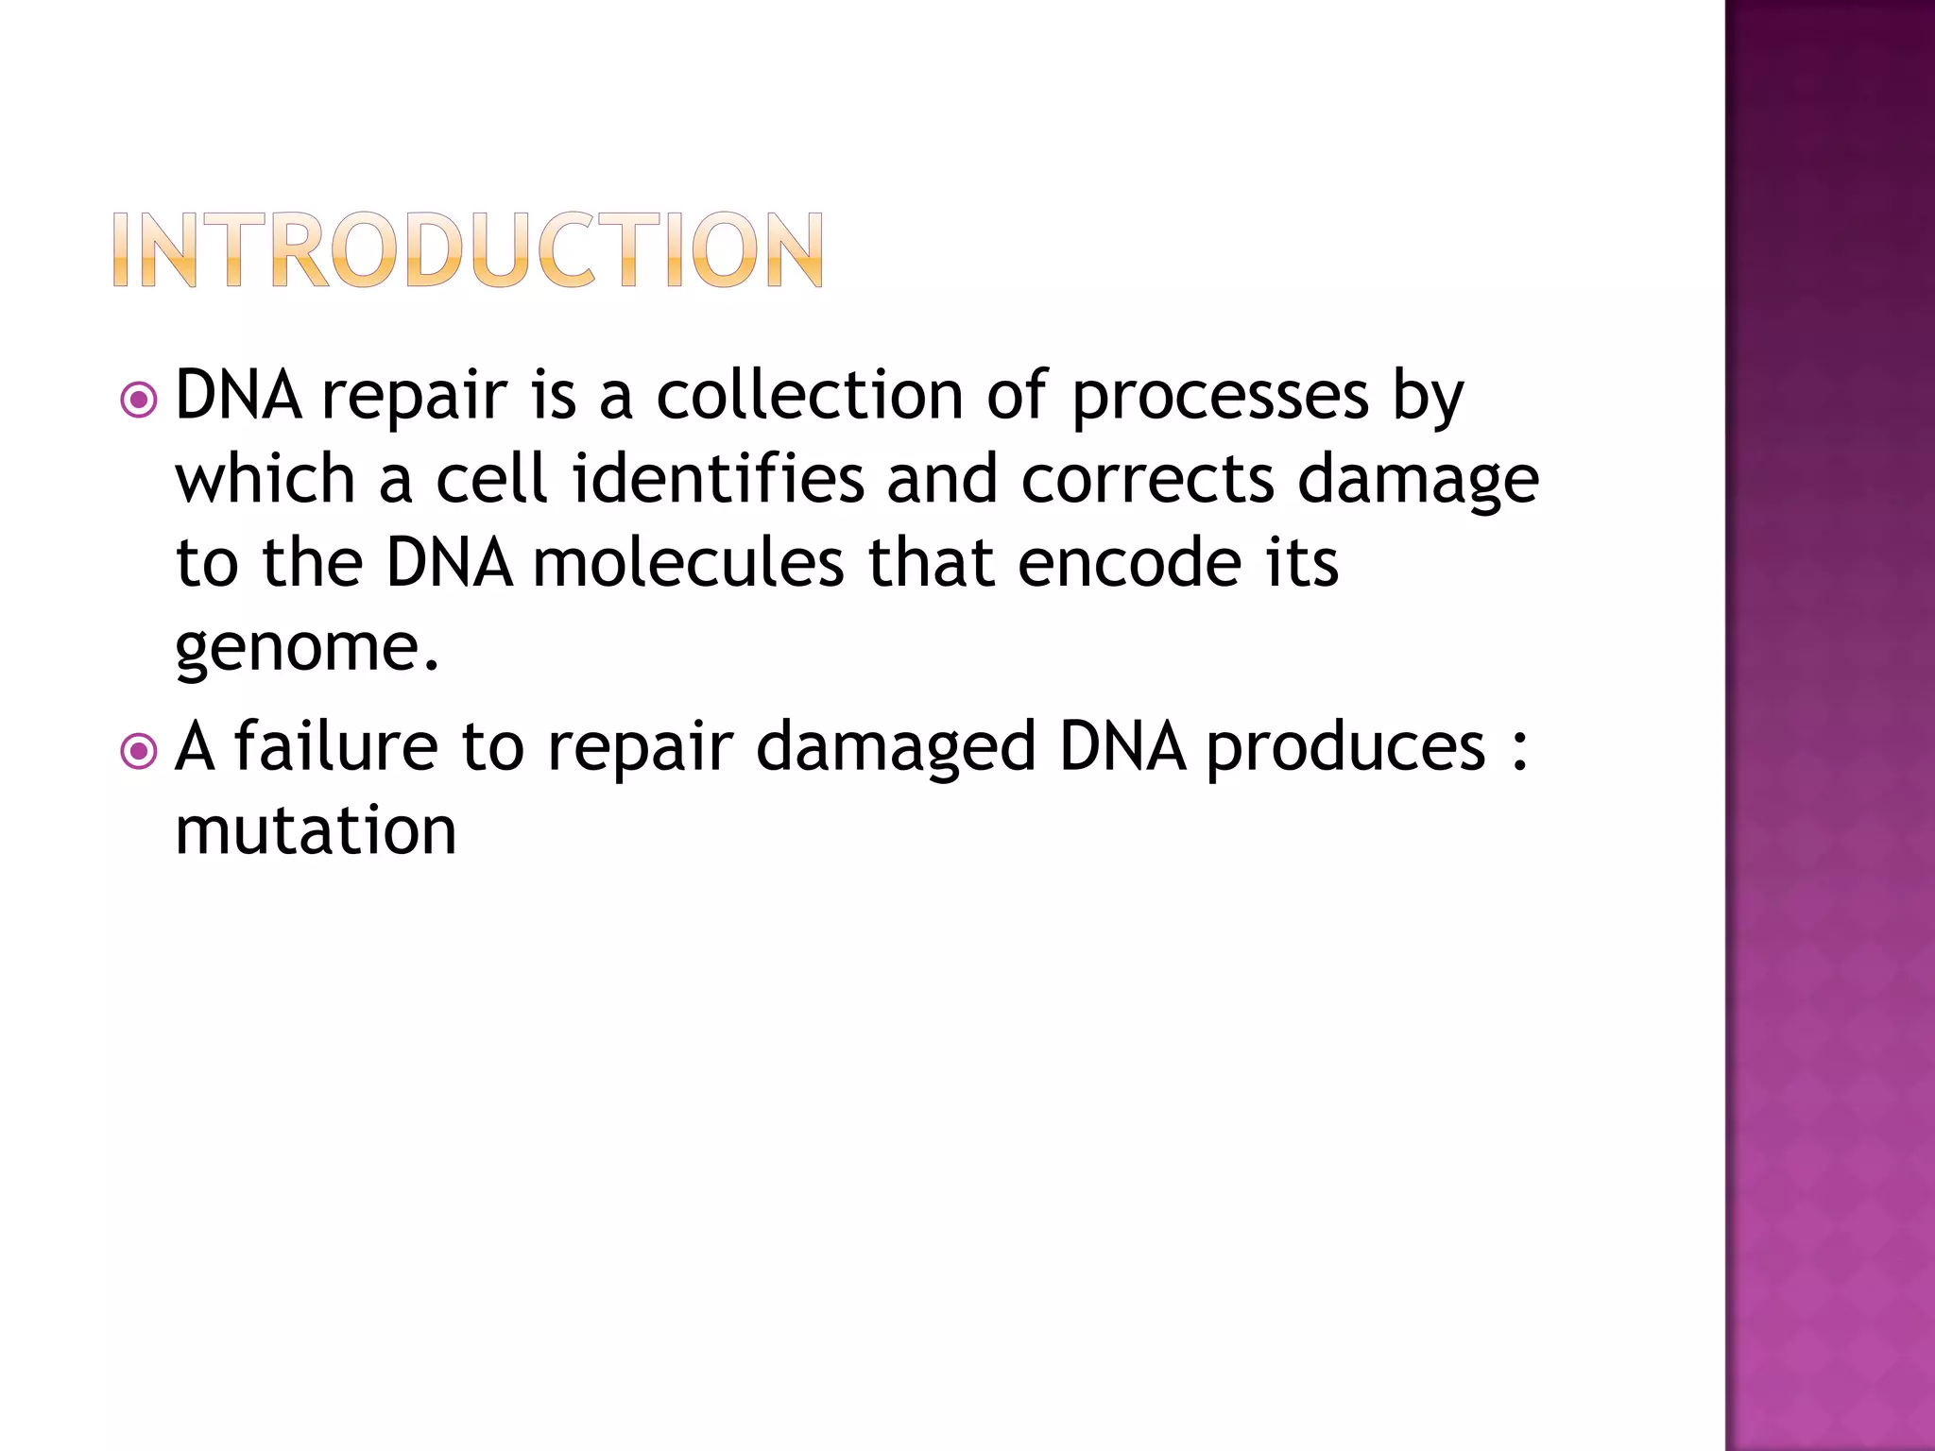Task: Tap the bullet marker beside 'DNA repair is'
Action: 139,401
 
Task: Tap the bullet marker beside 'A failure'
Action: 139,752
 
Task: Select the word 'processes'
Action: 1220,397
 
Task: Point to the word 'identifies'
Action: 718,478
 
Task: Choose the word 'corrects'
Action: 1147,480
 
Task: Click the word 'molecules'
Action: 688,563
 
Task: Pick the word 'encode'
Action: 1130,563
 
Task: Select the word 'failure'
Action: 336,746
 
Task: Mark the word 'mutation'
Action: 316,831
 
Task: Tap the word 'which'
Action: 265,478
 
